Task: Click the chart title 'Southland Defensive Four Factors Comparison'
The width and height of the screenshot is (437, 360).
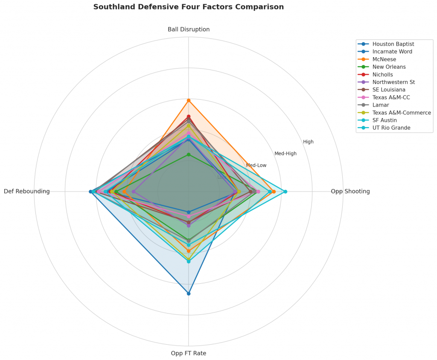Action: tap(188, 7)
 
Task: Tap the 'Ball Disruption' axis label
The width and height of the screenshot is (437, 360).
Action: tap(188, 29)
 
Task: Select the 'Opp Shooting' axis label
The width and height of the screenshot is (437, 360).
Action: tap(350, 192)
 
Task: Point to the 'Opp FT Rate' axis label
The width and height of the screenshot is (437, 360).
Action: tap(188, 353)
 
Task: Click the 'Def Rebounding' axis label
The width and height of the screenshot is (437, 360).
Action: tap(27, 192)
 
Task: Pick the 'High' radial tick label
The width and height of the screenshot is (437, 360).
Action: tap(308, 142)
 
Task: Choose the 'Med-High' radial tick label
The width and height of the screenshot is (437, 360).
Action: tap(285, 154)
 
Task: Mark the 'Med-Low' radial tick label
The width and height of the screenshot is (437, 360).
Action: tap(256, 165)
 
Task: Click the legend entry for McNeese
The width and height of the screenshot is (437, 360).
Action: tap(384, 59)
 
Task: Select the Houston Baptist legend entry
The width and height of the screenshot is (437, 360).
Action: tap(393, 44)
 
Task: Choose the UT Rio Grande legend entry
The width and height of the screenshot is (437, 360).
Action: tap(391, 128)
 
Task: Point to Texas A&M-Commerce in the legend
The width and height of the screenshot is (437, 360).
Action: tap(402, 113)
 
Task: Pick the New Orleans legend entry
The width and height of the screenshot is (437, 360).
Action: tap(389, 67)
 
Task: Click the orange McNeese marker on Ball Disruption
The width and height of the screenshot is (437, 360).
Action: tap(188, 100)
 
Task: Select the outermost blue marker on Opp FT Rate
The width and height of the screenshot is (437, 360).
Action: tap(188, 293)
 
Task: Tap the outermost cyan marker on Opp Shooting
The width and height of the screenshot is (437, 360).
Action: tap(286, 192)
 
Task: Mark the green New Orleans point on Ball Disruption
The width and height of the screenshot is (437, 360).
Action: tap(188, 155)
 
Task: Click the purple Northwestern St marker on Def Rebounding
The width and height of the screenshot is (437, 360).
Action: tap(134, 192)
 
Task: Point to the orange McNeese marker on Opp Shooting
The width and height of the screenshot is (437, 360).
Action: tap(274, 192)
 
